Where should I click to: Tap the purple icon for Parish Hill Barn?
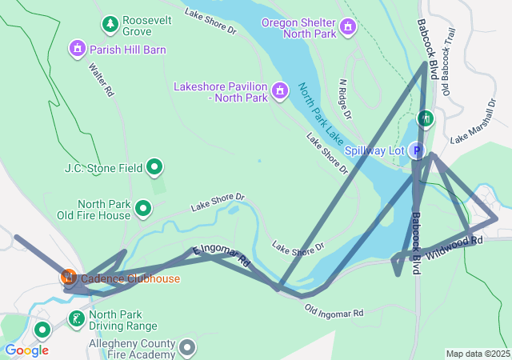tap(78, 50)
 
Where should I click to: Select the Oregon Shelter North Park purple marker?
tap(347, 27)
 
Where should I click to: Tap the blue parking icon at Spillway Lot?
tap(416, 150)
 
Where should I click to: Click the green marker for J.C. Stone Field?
tap(155, 168)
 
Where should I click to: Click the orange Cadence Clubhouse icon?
tap(69, 278)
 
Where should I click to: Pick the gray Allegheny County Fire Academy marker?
tap(187, 348)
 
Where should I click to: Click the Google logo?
tap(26, 350)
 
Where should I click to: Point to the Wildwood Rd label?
tap(454, 247)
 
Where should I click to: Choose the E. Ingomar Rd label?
tap(221, 255)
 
